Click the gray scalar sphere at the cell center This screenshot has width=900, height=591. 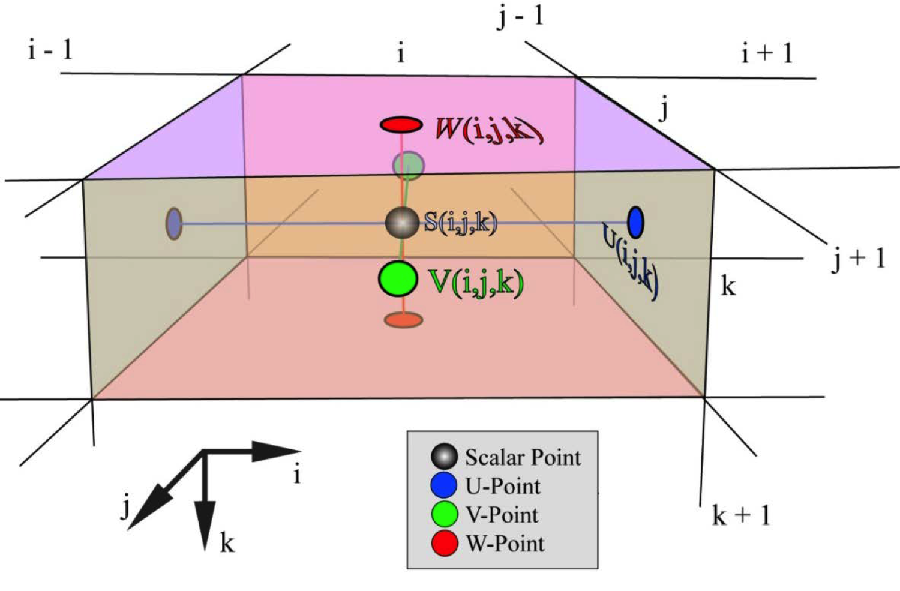[x=401, y=223]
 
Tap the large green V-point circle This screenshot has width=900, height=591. [x=398, y=279]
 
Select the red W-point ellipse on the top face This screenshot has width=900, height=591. [x=401, y=125]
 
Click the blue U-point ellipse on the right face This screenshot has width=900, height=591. [x=635, y=221]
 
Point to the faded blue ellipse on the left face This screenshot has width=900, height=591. [x=173, y=224]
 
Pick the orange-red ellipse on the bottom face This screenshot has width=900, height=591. [x=403, y=320]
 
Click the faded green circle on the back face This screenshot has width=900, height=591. [x=409, y=164]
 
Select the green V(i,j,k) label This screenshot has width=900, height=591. [x=476, y=281]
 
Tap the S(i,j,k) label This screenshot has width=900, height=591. [x=461, y=223]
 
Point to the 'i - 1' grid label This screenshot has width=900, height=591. [x=50, y=49]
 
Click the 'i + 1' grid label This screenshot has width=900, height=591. [x=766, y=54]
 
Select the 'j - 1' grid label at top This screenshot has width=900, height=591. [x=520, y=16]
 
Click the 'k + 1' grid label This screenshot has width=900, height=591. [x=740, y=515]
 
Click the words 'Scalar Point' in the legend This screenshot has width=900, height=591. [x=523, y=458]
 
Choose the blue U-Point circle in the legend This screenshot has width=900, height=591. [x=444, y=485]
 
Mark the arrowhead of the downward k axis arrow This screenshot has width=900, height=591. [x=205, y=531]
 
